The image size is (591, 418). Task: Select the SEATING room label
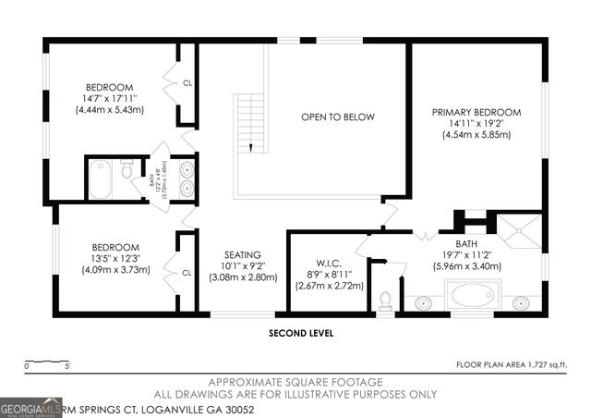(243, 254)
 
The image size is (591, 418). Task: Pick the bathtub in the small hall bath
(100, 179)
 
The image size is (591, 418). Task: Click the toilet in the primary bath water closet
(386, 301)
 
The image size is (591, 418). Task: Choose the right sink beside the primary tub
(521, 302)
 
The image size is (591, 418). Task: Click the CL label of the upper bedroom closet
(187, 83)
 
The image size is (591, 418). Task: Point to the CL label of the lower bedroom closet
(187, 273)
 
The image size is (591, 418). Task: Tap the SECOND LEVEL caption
(300, 333)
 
